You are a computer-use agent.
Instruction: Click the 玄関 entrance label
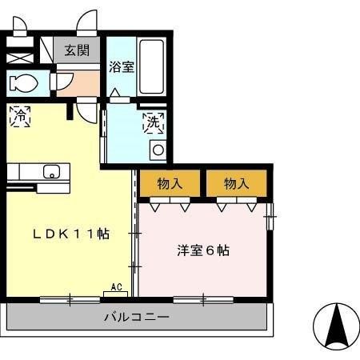(x=77, y=50)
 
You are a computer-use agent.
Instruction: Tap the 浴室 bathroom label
(x=122, y=67)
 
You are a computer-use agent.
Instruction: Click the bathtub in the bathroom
(x=153, y=66)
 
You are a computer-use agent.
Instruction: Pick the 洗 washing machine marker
(x=152, y=122)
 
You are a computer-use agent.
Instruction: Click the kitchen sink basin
(x=51, y=170)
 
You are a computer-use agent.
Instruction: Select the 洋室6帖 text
(x=203, y=250)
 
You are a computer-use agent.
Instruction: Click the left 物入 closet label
(x=170, y=183)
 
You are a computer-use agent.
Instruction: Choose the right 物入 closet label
(x=236, y=183)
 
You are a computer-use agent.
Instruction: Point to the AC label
(x=115, y=287)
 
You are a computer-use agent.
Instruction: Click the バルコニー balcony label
(x=137, y=318)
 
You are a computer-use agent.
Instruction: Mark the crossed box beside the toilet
(x=18, y=58)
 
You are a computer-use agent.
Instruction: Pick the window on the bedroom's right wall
(x=271, y=212)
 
